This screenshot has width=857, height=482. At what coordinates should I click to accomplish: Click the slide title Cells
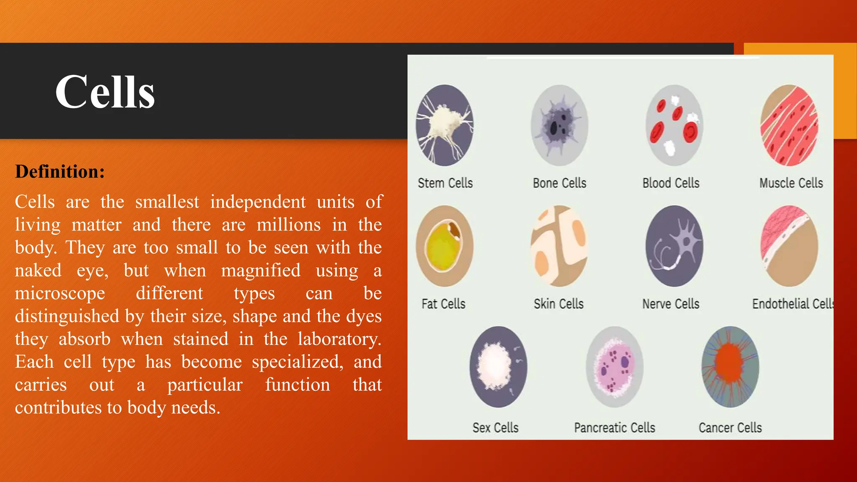(105, 92)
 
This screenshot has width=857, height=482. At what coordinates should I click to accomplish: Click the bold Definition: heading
(60, 172)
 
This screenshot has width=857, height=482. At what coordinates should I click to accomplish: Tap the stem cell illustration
(444, 125)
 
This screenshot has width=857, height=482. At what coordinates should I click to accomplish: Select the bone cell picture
(559, 125)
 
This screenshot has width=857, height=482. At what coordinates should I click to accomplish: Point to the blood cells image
(674, 125)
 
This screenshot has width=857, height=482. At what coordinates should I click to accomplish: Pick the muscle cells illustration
(789, 125)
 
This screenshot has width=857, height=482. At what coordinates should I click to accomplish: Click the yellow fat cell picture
(444, 246)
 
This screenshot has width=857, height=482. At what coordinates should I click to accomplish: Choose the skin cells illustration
(559, 246)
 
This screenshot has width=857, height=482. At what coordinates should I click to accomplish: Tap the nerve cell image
(674, 246)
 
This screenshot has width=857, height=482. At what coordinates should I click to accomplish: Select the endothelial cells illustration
(789, 246)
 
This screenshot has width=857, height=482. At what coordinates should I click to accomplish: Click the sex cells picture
(498, 367)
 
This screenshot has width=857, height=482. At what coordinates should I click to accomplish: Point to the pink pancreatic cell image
(614, 367)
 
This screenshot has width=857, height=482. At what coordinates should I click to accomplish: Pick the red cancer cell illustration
(730, 367)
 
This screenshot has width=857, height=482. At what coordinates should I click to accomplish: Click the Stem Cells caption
(445, 183)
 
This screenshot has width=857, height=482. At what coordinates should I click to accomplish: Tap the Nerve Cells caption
(671, 304)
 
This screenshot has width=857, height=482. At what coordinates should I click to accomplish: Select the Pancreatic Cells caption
(614, 428)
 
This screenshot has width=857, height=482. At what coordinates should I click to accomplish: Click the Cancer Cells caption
(730, 428)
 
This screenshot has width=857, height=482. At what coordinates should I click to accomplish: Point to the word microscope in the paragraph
(60, 293)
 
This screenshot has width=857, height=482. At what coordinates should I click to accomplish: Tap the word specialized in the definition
(297, 362)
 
